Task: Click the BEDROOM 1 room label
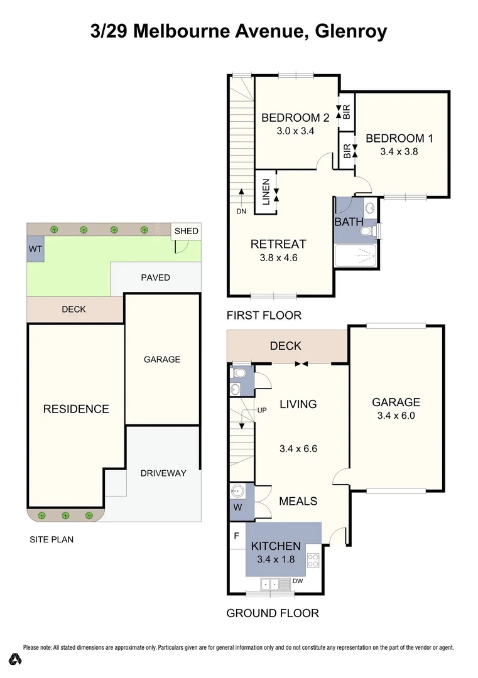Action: (x=399, y=139)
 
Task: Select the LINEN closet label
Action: (x=265, y=191)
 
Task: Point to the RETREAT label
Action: (x=278, y=244)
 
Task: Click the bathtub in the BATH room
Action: (x=356, y=257)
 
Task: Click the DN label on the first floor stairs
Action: (x=241, y=212)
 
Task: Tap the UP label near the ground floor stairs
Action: (x=263, y=411)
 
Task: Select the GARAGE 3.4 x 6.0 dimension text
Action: (x=396, y=416)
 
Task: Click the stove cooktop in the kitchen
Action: (x=313, y=560)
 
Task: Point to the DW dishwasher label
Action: (x=298, y=581)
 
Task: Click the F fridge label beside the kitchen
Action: (x=236, y=537)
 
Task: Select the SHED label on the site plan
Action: (x=186, y=231)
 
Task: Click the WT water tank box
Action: (x=35, y=249)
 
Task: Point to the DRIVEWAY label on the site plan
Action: (x=163, y=473)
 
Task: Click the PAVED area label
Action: (x=155, y=277)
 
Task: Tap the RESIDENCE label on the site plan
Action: (x=76, y=409)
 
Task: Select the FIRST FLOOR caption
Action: (x=264, y=316)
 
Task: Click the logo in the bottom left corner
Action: (x=16, y=659)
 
